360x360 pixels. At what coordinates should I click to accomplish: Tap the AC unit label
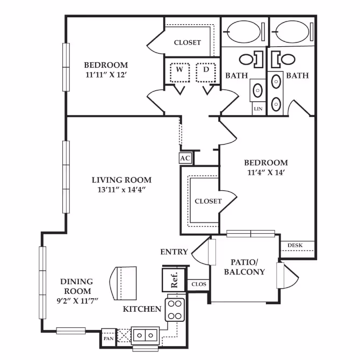click(x=185, y=158)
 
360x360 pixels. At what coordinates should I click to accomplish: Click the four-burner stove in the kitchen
click(x=175, y=310)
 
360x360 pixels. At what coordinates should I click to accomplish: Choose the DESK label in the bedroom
click(x=294, y=246)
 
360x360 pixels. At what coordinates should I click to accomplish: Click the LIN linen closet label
click(x=257, y=109)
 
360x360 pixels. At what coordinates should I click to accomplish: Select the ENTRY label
click(x=174, y=251)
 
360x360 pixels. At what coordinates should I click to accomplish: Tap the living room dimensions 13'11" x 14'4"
click(x=121, y=190)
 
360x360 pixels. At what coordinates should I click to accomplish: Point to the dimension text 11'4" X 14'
click(x=265, y=172)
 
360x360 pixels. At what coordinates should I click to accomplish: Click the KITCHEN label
click(x=142, y=309)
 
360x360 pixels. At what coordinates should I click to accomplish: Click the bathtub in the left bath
click(x=243, y=33)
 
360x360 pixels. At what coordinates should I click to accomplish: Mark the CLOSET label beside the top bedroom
click(x=187, y=42)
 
